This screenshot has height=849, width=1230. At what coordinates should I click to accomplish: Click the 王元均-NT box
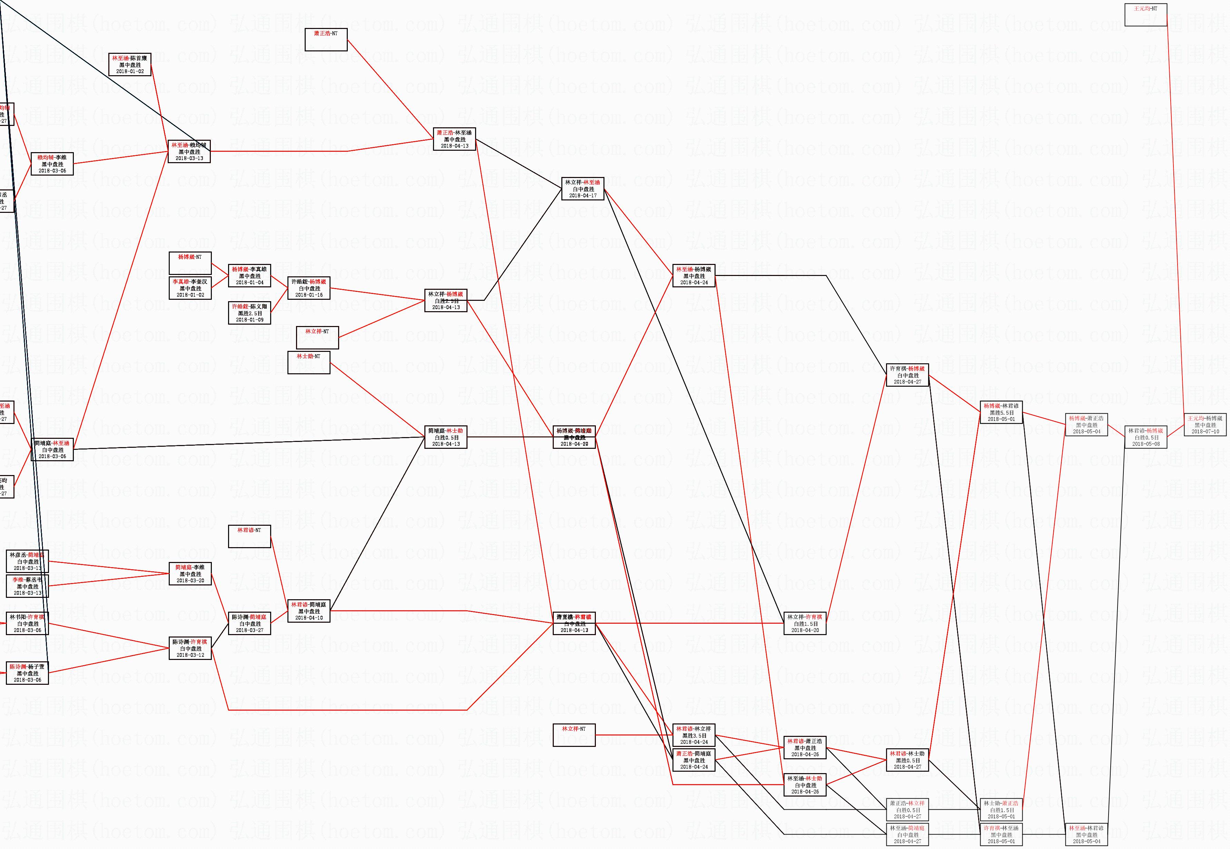[1145, 14]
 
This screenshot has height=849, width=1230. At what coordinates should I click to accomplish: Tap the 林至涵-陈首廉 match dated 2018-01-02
[130, 65]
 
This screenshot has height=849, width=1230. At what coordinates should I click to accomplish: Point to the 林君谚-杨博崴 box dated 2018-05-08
[1145, 437]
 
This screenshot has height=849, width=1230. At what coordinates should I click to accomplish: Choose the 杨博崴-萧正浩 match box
[1086, 424]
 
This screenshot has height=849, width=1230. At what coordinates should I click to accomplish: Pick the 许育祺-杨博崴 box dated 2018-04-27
[907, 375]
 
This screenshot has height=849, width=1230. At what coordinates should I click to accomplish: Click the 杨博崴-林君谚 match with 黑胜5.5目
[1001, 412]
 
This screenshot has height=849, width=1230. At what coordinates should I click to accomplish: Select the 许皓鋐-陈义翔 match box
[249, 313]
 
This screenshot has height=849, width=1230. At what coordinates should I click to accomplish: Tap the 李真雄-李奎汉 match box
[190, 288]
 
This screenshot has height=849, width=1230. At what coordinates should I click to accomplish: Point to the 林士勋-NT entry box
[308, 362]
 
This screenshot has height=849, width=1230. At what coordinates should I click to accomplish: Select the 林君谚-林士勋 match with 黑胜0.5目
[907, 760]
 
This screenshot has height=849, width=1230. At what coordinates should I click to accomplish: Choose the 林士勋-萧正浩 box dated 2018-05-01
[1001, 810]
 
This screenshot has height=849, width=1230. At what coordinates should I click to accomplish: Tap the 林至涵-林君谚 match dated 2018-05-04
[1086, 835]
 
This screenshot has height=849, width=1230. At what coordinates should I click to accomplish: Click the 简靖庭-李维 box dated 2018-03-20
[190, 574]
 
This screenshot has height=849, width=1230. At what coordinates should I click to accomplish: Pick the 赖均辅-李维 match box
[52, 164]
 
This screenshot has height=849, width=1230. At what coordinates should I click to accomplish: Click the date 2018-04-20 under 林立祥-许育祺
[805, 630]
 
